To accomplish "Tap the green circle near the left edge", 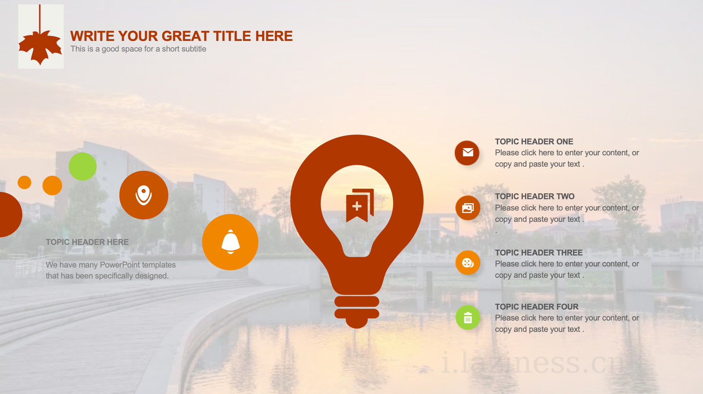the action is coord(83,166).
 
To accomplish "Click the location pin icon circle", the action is coord(144,195).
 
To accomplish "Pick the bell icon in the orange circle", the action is coord(231,242).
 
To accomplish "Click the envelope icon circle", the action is coord(467,153).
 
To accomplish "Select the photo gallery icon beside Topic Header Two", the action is coord(468,208).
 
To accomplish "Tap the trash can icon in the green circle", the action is coord(468,318).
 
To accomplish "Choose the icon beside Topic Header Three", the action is coord(468,263).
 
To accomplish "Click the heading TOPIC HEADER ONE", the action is coord(534,141).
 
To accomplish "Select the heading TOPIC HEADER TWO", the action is coord(535,196).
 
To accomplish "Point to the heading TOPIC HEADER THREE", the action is coord(539,253).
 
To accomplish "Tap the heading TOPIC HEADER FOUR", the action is coord(537,307).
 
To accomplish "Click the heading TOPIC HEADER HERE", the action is coord(87,242).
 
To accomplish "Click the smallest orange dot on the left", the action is coord(25,182).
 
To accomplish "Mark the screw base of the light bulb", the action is coord(357,312).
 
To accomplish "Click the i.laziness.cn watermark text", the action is coord(533,363).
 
